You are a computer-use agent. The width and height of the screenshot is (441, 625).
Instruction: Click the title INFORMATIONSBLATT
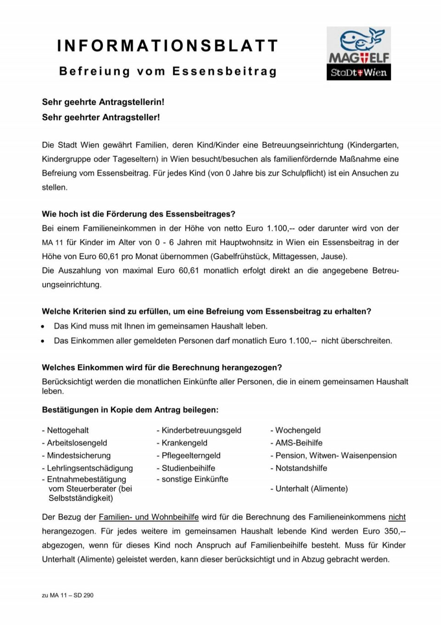tap(168, 46)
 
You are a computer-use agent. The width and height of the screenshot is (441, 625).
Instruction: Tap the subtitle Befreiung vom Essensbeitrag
tap(168, 72)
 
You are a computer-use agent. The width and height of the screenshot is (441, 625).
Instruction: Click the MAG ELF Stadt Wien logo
tap(358, 53)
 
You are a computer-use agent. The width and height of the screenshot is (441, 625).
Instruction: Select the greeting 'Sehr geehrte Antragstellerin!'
tap(103, 102)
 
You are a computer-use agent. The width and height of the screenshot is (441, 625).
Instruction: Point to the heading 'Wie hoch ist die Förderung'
tap(138, 214)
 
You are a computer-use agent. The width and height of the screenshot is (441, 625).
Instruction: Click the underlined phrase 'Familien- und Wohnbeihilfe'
tap(149, 517)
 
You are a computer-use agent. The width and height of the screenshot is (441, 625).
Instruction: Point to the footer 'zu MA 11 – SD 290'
tap(68, 595)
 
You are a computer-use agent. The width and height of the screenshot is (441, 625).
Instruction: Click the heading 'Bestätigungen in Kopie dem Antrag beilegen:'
tap(130, 410)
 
